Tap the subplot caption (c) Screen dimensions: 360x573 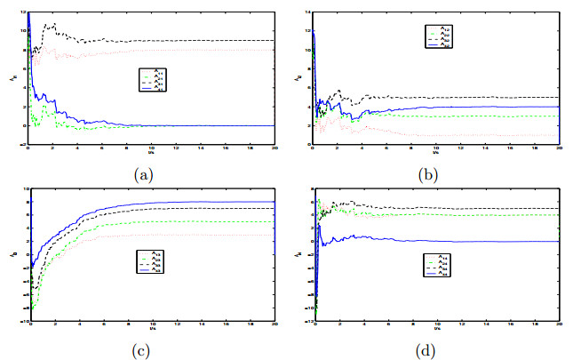click(142, 349)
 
